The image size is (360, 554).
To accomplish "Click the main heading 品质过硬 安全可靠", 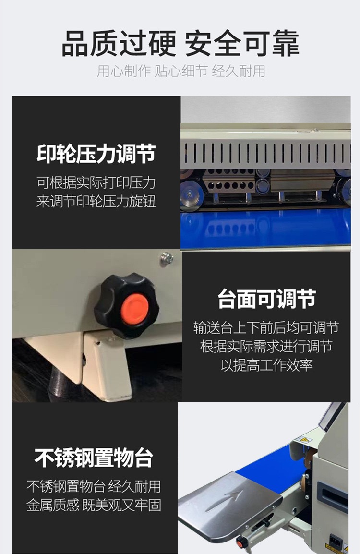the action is pos(180,44).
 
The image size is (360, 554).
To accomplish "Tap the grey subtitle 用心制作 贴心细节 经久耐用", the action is pos(181,71).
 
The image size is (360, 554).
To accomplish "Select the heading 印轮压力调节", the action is pos(96,154).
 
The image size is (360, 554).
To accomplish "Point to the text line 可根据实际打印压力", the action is pos(96,182).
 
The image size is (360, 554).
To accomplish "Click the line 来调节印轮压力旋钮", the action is pos(96,202).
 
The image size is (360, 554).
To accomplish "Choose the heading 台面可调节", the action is pos(266,299).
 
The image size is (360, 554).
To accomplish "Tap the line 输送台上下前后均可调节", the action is pos(266,327).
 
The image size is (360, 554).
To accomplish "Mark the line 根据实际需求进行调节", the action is pos(266,346).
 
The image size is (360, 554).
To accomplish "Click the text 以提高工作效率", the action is pos(266,365).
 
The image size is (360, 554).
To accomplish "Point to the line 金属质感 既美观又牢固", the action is pos(94,505).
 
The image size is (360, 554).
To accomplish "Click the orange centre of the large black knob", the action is pos(134,309).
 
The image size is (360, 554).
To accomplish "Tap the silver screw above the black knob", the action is pos(167,259).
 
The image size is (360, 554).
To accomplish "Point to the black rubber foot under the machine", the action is pos(60,385).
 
